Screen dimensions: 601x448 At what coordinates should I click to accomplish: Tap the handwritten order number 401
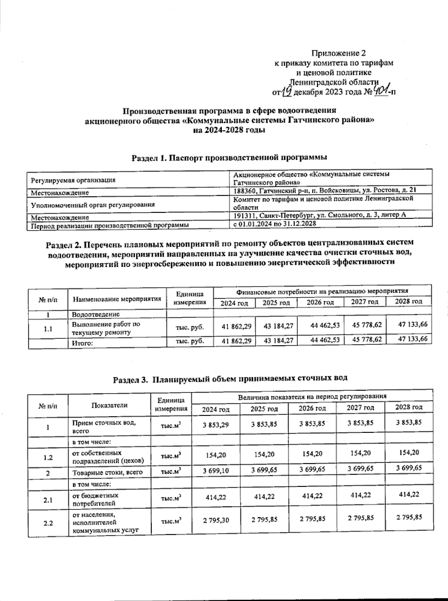coord(381,90)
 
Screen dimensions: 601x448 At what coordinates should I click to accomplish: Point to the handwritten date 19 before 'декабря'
coord(286,91)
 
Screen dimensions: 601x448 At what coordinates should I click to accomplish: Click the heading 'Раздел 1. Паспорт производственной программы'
coord(230,157)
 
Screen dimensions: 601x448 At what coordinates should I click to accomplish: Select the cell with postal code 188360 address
coord(324,190)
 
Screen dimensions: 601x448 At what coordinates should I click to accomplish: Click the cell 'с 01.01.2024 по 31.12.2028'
coord(274,224)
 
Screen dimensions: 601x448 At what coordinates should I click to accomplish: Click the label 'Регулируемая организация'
coord(73,180)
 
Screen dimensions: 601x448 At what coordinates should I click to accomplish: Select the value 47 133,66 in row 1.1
coord(413,325)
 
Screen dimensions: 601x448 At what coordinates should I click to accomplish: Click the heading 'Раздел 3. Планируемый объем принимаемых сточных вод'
coord(230,378)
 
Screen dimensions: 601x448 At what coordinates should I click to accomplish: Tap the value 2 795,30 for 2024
coord(216,520)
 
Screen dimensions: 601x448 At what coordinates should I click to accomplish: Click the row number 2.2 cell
coord(48,523)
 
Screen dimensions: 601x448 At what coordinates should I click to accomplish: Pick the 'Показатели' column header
coord(109,405)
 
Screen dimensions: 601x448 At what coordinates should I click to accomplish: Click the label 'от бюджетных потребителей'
coord(95,499)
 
